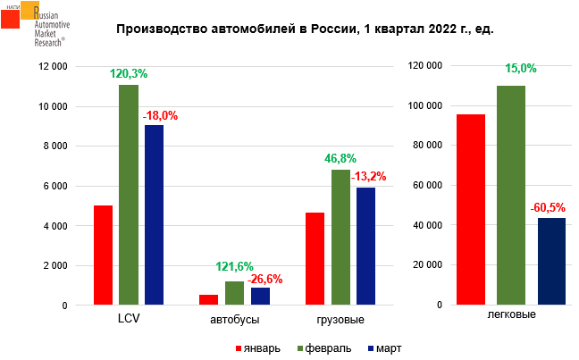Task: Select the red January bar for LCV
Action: (104, 255)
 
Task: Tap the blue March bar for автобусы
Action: (261, 297)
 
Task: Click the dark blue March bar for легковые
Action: (551, 262)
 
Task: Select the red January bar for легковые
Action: (470, 210)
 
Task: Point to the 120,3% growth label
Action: (129, 74)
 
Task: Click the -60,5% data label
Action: (551, 208)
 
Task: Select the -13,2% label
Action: (367, 175)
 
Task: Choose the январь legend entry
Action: (258, 347)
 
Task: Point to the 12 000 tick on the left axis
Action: (54, 67)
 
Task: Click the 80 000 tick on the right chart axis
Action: (426, 146)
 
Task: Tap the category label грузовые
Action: (340, 319)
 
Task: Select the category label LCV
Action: (129, 319)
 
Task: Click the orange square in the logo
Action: (29, 10)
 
